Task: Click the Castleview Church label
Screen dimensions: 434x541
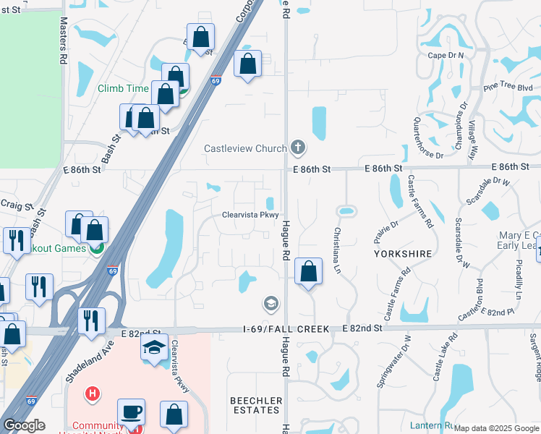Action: [245, 149]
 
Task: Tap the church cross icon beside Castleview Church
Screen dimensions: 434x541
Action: [297, 148]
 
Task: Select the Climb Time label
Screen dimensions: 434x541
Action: [124, 89]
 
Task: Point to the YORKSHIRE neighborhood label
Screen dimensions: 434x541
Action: [403, 254]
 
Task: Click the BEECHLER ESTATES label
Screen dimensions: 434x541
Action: [255, 405]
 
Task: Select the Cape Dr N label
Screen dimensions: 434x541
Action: [446, 55]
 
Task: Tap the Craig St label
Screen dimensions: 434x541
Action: [17, 206]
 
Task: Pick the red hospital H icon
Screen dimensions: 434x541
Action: [93, 394]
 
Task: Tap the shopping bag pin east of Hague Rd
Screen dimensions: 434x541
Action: [308, 271]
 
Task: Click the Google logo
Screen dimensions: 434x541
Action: [24, 426]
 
